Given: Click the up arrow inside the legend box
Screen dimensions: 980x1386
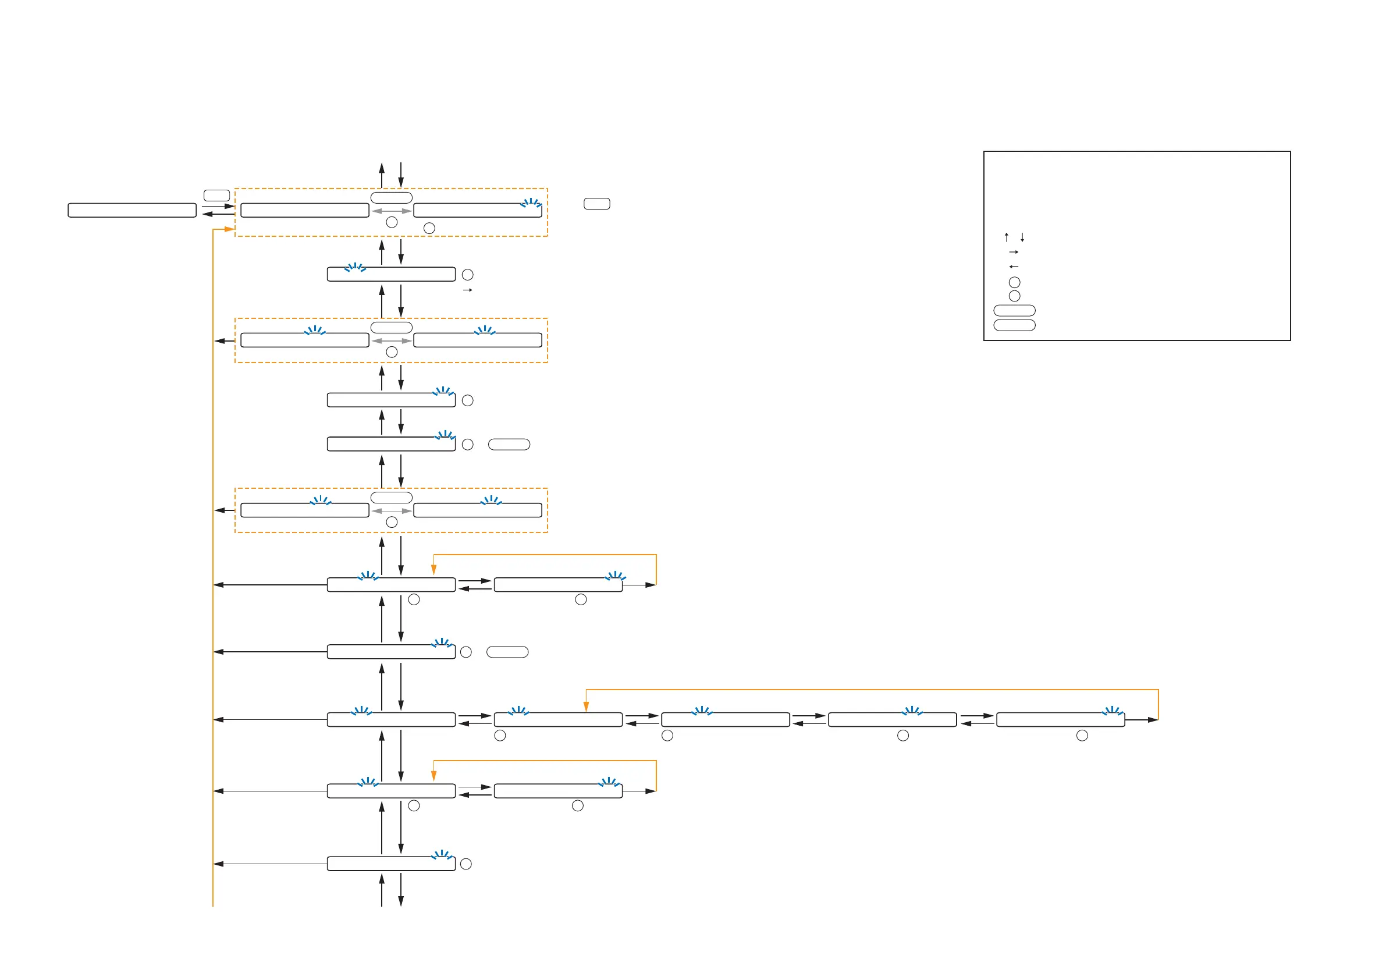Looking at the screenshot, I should [x=1006, y=237].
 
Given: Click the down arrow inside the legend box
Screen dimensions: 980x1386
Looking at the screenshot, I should [x=1022, y=237].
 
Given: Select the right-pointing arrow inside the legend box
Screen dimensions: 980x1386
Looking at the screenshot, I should [x=1014, y=252].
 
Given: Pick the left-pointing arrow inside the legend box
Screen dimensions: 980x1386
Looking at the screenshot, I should [x=1014, y=267].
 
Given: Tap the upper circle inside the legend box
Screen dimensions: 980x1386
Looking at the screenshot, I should [x=1014, y=282].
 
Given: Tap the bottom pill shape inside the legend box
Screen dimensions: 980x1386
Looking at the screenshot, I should [x=1014, y=325].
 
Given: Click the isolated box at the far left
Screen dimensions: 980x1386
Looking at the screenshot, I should [x=132, y=210].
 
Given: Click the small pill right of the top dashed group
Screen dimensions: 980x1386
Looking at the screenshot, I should [x=596, y=204].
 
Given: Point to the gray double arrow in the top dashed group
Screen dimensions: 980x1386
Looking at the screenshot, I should [x=391, y=211].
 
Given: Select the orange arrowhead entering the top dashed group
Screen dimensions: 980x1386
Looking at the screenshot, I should [x=229, y=229].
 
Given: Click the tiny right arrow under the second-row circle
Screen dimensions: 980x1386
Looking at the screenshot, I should [x=467, y=290].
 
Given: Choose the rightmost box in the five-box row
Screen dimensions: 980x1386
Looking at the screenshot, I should [x=1060, y=720].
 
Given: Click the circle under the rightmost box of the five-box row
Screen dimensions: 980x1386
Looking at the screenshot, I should [x=1082, y=736].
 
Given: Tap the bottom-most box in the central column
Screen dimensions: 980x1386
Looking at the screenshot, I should [x=391, y=864].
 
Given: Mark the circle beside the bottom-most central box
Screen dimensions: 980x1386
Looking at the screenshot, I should [x=466, y=864].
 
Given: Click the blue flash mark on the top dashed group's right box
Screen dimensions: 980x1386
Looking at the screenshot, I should [x=531, y=203].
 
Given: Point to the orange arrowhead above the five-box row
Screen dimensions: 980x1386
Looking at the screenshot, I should [x=585, y=706].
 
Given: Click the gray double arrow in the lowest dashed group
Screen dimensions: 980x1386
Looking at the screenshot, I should [x=391, y=511].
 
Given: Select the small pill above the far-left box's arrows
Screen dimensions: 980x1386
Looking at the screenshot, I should [x=216, y=196].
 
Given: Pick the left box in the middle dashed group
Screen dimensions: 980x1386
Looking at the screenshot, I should [x=304, y=340].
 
